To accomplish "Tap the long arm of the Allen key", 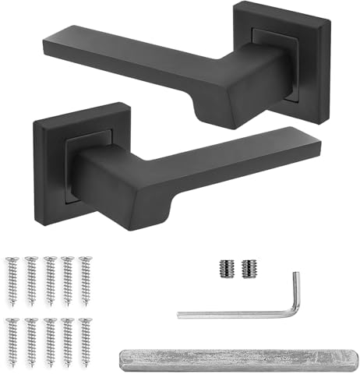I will pyautogui.click(x=234, y=313).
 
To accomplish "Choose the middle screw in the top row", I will pyautogui.click(x=48, y=272).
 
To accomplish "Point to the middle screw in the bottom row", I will pyautogui.click(x=48, y=335).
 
